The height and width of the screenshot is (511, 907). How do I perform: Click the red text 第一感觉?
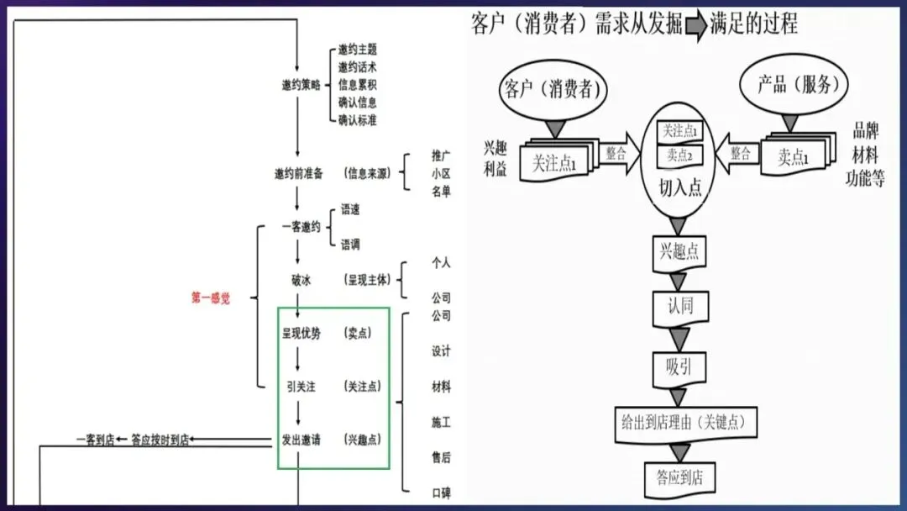[x=210, y=298]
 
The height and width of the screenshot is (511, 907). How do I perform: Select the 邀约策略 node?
[x=301, y=85]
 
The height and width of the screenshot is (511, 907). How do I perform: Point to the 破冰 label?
[x=301, y=280]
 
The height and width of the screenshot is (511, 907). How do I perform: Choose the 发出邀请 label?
[x=301, y=439]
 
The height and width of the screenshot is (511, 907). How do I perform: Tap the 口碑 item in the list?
[x=441, y=492]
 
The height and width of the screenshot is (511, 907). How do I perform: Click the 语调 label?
[x=350, y=245]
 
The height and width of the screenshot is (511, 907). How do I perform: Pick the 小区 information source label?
[x=441, y=173]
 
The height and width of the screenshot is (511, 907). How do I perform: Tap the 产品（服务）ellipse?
[x=793, y=87]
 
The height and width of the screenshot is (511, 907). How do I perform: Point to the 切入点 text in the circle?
[x=680, y=187]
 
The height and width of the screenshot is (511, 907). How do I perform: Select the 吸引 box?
[x=679, y=366]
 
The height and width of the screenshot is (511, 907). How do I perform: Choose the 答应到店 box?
[x=679, y=478]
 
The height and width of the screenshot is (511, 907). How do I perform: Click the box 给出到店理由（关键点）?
[x=684, y=422]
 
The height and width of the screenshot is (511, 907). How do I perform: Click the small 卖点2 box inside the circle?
[x=679, y=155]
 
